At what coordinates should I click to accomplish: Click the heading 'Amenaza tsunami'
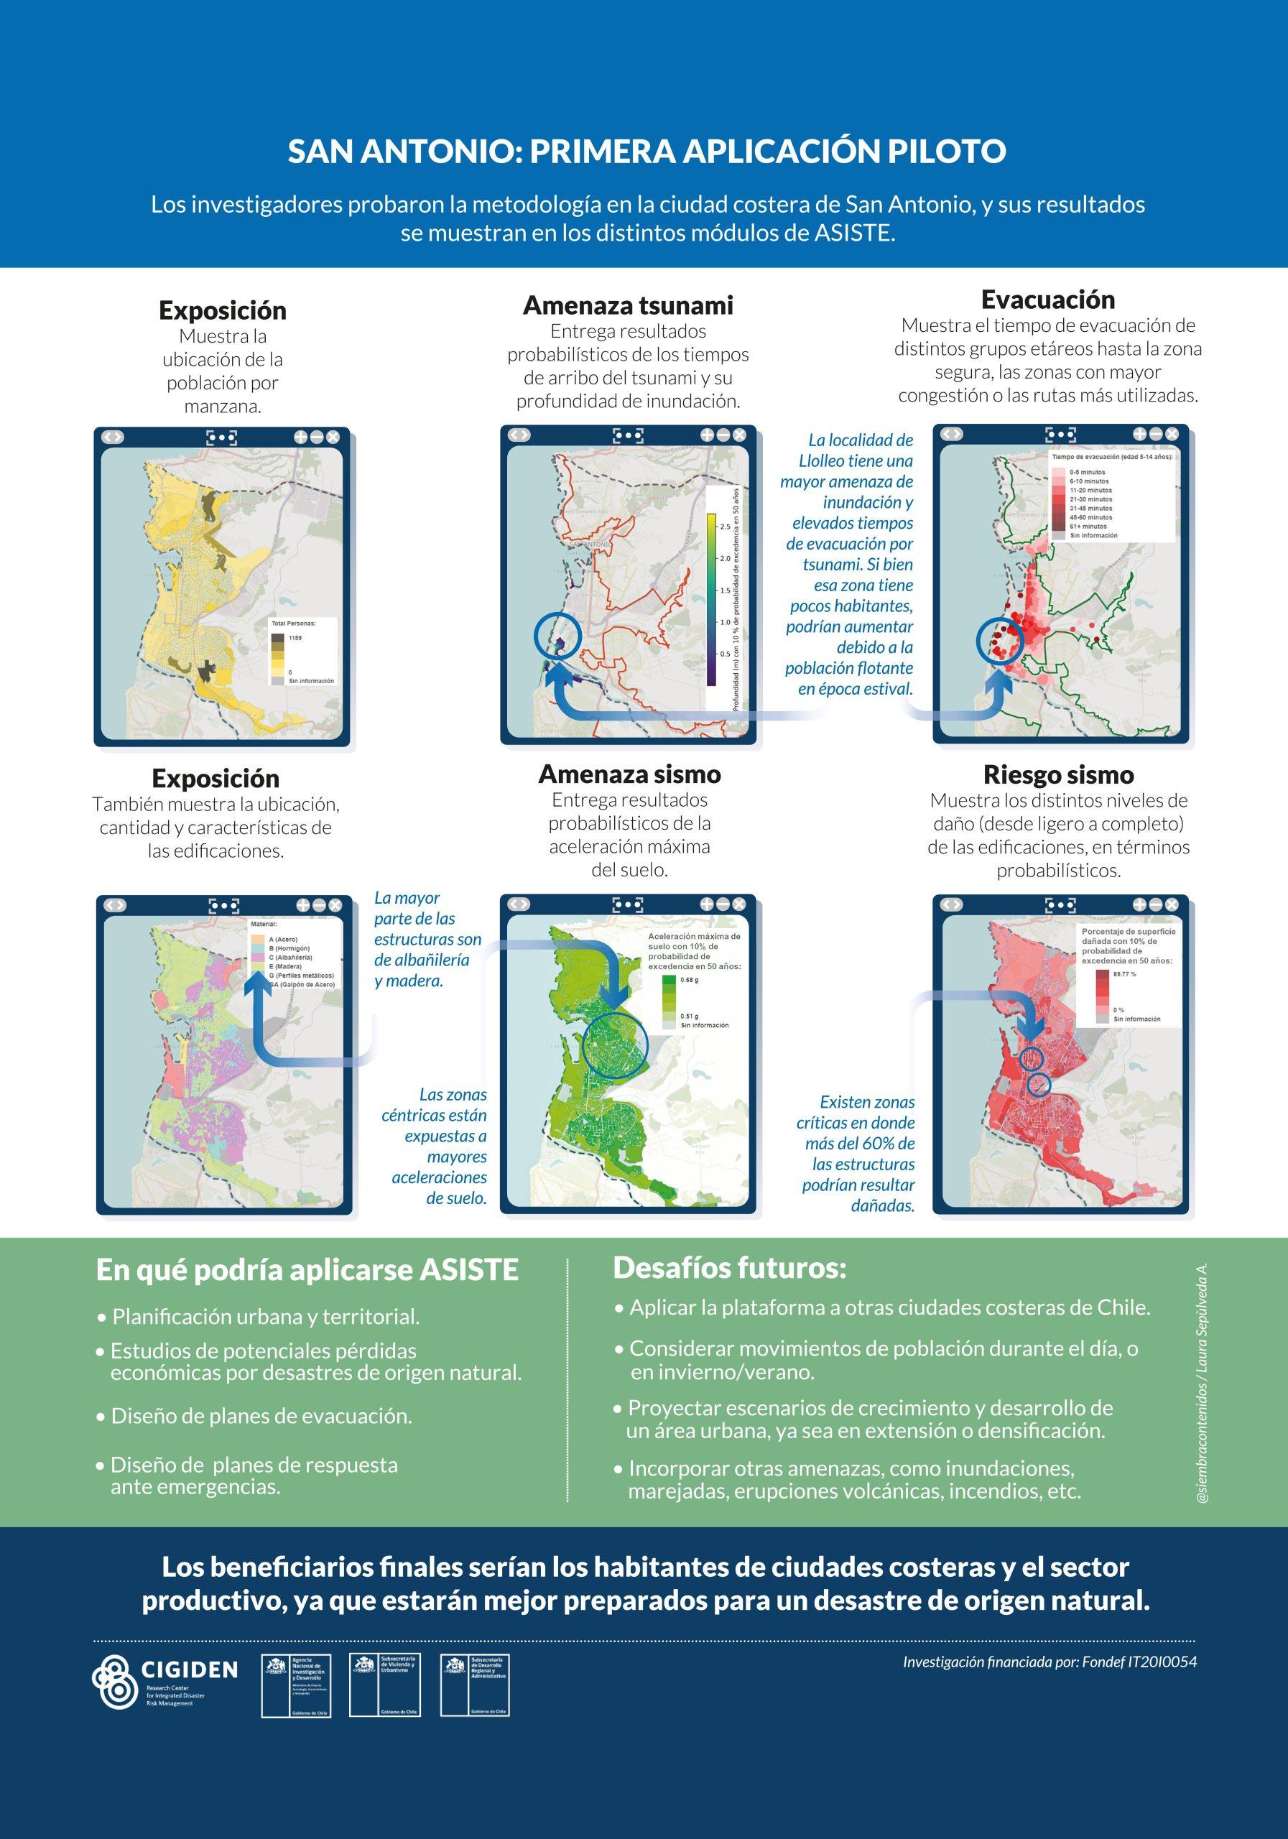pos(628,305)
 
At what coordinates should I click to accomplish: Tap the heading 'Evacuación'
pos(1047,300)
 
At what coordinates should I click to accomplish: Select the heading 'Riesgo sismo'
pos(1058,774)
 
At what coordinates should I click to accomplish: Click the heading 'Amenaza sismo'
pos(629,774)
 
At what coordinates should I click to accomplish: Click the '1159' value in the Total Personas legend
pos(295,638)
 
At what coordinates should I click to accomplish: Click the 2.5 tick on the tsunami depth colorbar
pos(724,527)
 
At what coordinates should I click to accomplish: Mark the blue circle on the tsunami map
pos(557,635)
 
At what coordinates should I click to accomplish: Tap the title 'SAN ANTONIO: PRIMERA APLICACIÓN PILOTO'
pos(647,152)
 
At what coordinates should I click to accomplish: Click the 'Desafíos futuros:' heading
pos(729,1268)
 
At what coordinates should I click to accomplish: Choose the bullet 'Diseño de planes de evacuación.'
pos(261,1416)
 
